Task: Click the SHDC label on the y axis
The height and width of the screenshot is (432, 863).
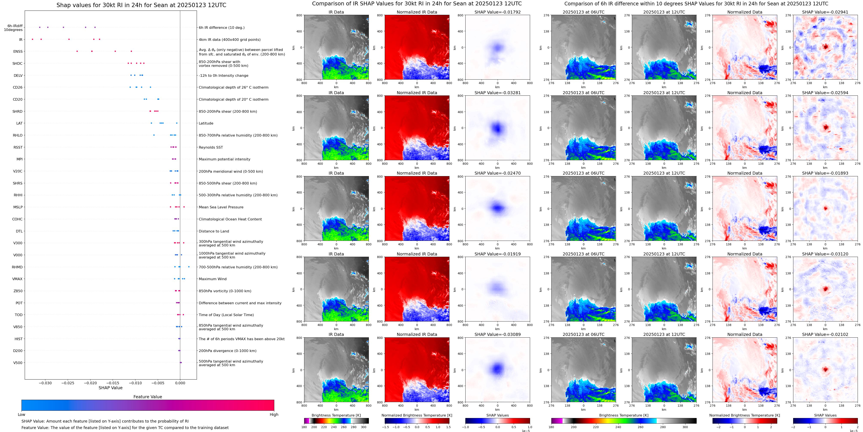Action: (x=17, y=63)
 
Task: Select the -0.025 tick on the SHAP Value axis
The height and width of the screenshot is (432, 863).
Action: (x=68, y=383)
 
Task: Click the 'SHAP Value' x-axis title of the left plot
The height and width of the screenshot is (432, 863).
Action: (x=110, y=388)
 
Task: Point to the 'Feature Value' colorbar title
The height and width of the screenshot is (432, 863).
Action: (x=147, y=397)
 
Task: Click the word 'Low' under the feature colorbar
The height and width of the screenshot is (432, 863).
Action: (x=21, y=415)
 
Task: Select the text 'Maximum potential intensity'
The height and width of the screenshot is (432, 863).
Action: (x=224, y=159)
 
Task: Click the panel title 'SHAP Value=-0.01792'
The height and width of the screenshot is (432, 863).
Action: (x=498, y=12)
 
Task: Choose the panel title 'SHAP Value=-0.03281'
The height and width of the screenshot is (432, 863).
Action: (x=498, y=93)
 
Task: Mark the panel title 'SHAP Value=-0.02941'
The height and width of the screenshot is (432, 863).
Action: (x=825, y=12)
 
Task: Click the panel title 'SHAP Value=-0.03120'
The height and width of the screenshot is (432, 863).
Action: (x=825, y=254)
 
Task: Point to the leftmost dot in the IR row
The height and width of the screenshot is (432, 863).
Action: (x=32, y=39)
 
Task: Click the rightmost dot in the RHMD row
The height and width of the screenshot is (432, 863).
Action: (x=189, y=267)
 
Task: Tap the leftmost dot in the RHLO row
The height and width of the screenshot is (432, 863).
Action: (x=154, y=135)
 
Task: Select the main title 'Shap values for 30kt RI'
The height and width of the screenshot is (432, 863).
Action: (x=141, y=5)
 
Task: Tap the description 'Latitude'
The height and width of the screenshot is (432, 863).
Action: (x=206, y=123)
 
